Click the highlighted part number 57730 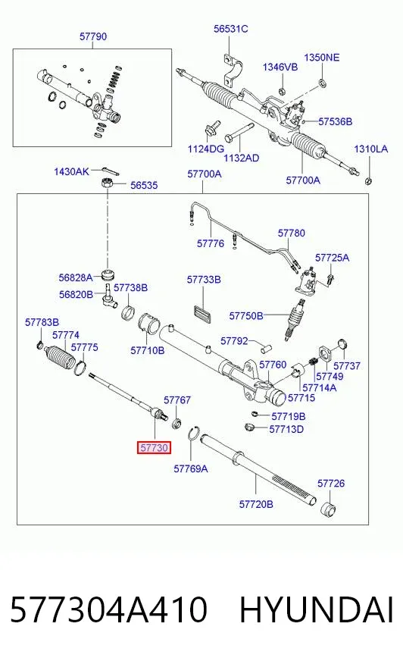tap(154, 448)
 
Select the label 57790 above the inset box tap(93, 36)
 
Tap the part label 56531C tap(231, 29)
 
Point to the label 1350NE tap(322, 58)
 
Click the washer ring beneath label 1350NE tap(322, 83)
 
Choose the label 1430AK tap(72, 171)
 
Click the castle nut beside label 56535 tap(107, 183)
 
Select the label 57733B tap(204, 280)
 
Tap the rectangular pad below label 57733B tap(203, 314)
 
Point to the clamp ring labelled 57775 tap(80, 368)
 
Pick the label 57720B tap(256, 504)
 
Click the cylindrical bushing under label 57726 tap(329, 509)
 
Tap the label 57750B tap(246, 316)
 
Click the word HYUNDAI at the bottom tap(317, 609)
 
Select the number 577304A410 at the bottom tap(108, 609)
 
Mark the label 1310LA tap(371, 149)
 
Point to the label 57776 tap(211, 243)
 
